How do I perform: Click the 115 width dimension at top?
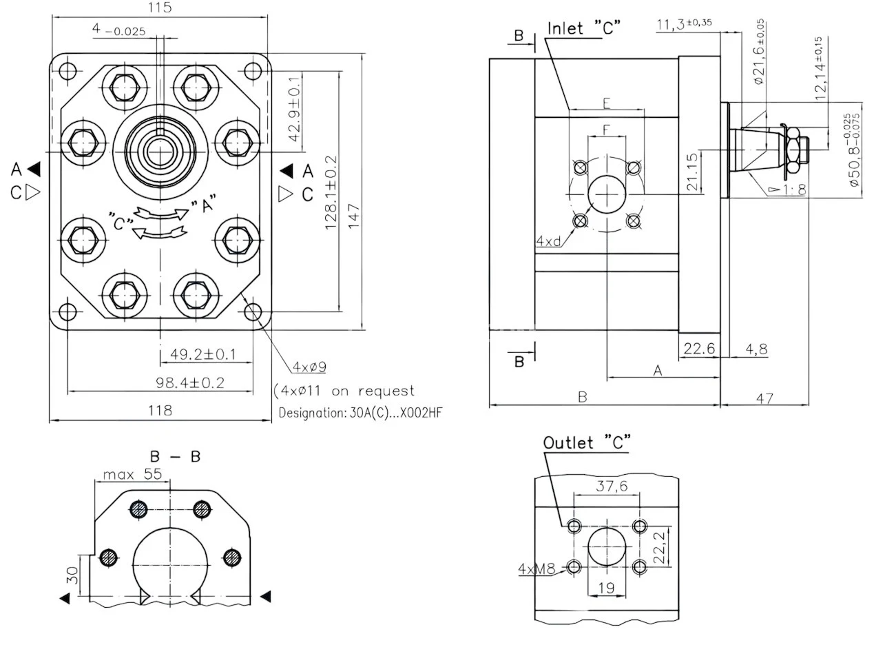point(159,8)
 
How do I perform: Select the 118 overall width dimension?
point(160,411)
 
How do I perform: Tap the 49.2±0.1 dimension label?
point(203,354)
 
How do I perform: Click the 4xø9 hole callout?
point(309,367)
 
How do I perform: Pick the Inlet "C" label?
point(584,28)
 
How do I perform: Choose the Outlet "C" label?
point(587,442)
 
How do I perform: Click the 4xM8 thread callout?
point(537,568)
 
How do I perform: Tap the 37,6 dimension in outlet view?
point(612,486)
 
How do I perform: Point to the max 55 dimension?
point(132,474)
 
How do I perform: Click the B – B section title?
point(175,456)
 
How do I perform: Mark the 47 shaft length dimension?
point(764,398)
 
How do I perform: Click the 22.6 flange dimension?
point(699,349)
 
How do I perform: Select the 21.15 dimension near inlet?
point(692,172)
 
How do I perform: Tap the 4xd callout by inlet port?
point(549,241)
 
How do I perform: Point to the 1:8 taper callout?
point(792,189)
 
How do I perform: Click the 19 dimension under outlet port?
point(606,588)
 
